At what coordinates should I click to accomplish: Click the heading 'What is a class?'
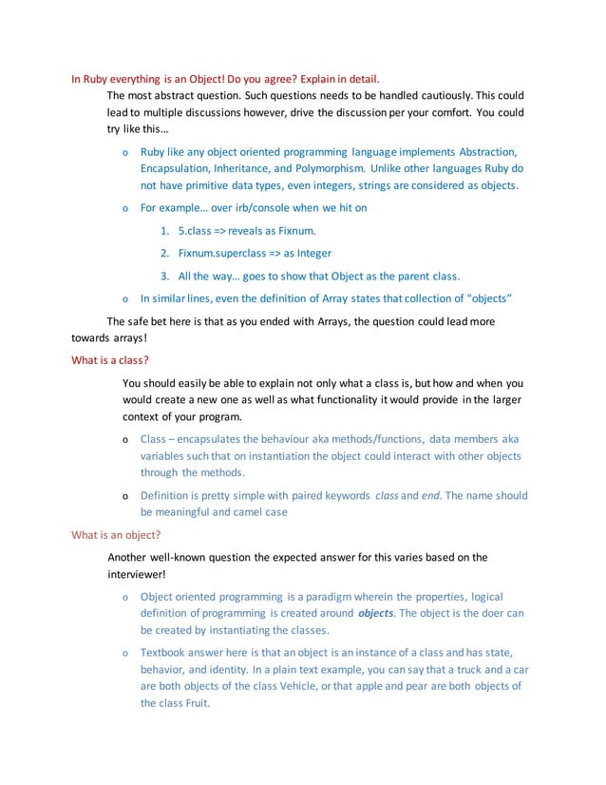pos(109,360)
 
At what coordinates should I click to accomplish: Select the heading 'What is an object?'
pos(116,534)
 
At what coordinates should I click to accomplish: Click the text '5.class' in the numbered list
pos(197,231)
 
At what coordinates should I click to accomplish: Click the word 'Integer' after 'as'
pos(312,254)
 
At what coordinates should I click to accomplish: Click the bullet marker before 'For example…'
pos(125,207)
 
